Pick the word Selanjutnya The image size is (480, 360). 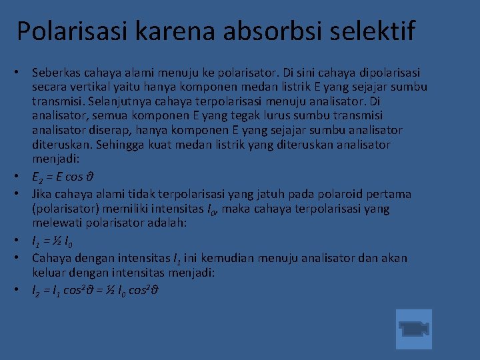[x=123, y=101]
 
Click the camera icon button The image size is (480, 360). [x=413, y=329]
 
